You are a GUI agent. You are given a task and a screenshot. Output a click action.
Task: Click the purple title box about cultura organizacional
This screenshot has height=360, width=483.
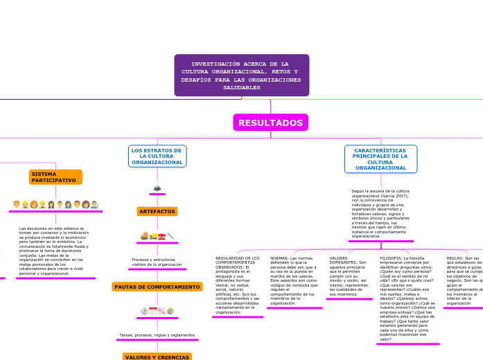pyautogui.click(x=241, y=75)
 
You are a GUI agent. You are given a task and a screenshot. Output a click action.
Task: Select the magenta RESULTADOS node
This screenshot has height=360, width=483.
pyautogui.click(x=270, y=123)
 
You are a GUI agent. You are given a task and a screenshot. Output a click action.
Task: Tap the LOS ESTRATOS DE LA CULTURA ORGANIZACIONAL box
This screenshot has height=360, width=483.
pyautogui.click(x=157, y=156)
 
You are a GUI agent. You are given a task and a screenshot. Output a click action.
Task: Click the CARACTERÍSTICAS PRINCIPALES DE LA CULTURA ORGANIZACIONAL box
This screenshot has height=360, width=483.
pyautogui.click(x=380, y=159)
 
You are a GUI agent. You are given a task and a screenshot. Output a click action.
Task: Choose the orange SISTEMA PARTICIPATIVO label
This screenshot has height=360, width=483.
pyautogui.click(x=55, y=177)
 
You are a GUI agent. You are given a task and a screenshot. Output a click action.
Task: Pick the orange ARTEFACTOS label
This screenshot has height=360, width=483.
pyautogui.click(x=157, y=211)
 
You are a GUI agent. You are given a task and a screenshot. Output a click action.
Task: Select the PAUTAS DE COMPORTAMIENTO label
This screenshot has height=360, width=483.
pyautogui.click(x=157, y=287)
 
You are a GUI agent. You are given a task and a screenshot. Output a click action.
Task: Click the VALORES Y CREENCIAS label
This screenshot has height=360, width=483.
pyautogui.click(x=157, y=357)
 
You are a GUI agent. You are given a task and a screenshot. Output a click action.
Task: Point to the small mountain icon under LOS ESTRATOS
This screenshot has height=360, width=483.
pyautogui.click(x=157, y=188)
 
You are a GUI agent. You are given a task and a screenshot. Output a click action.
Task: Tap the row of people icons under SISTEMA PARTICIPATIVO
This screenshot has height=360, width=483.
pyautogui.click(x=55, y=205)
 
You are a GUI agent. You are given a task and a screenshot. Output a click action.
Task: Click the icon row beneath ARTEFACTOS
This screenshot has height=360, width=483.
pyautogui.click(x=157, y=237)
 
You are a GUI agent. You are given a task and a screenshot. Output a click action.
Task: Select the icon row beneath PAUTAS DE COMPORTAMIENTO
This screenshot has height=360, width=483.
pyautogui.click(x=157, y=312)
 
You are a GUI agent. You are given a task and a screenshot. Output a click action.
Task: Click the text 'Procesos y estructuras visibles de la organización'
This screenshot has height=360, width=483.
pyautogui.click(x=157, y=262)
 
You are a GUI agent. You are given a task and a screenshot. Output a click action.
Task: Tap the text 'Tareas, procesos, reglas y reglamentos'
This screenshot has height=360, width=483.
pyautogui.click(x=157, y=335)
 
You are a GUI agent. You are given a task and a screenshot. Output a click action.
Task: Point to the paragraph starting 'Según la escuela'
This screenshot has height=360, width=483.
pyautogui.click(x=380, y=213)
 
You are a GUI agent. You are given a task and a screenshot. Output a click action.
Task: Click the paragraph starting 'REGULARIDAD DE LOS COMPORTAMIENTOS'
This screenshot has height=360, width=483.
pyautogui.click(x=238, y=285)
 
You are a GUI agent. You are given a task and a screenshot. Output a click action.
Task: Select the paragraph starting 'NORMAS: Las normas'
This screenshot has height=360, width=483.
pyautogui.click(x=293, y=280)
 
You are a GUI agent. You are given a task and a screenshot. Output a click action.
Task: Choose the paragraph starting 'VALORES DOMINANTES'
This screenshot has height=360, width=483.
pyautogui.click(x=349, y=276)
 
